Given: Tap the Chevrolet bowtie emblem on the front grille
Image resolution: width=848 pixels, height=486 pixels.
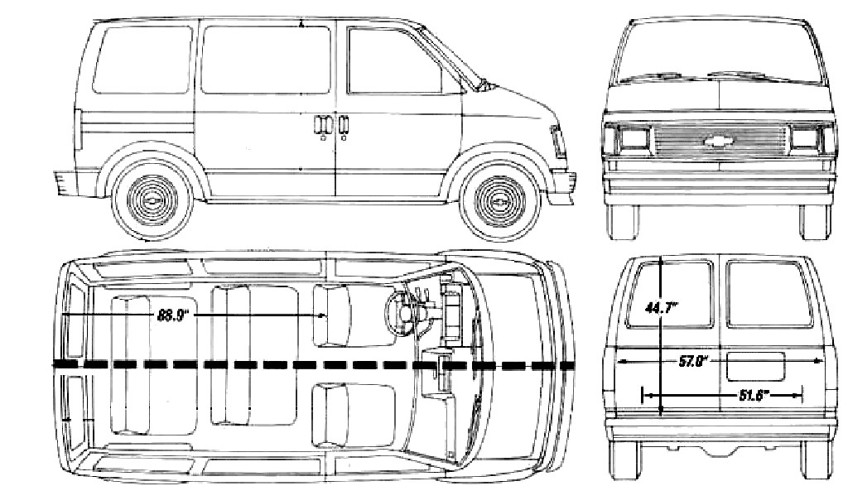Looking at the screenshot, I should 716,140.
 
